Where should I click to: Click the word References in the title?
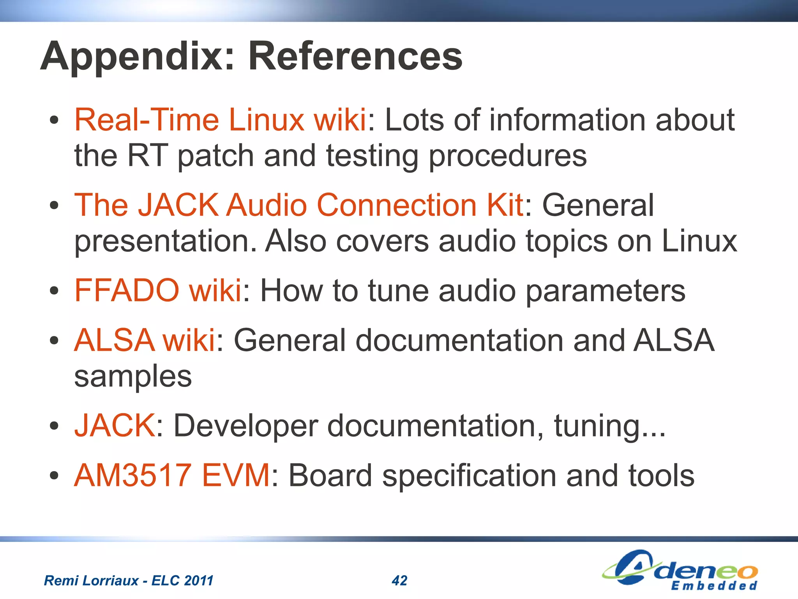[355, 57]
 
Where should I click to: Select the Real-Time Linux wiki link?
[220, 120]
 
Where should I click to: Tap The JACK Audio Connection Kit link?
[298, 205]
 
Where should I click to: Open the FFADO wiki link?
[158, 290]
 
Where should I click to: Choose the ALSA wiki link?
[145, 340]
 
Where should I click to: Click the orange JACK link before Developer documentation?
[115, 425]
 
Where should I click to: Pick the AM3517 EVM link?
[172, 475]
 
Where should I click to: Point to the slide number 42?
[399, 581]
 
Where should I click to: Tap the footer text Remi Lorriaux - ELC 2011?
[129, 581]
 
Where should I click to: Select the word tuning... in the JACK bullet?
[610, 426]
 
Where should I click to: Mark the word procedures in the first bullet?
[508, 156]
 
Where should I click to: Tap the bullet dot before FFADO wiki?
[54, 291]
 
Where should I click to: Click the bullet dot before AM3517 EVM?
[54, 475]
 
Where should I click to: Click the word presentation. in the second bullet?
[166, 241]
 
